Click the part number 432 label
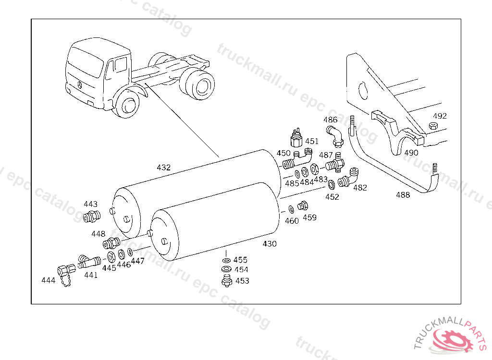[x=163, y=168]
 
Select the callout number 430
[x=270, y=244]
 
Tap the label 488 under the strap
[x=403, y=195]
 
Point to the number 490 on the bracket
[x=411, y=153]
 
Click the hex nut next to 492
[x=432, y=126]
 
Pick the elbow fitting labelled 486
[x=335, y=136]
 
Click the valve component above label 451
[x=297, y=138]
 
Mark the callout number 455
[x=240, y=260]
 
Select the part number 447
[x=137, y=261]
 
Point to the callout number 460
[x=292, y=221]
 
